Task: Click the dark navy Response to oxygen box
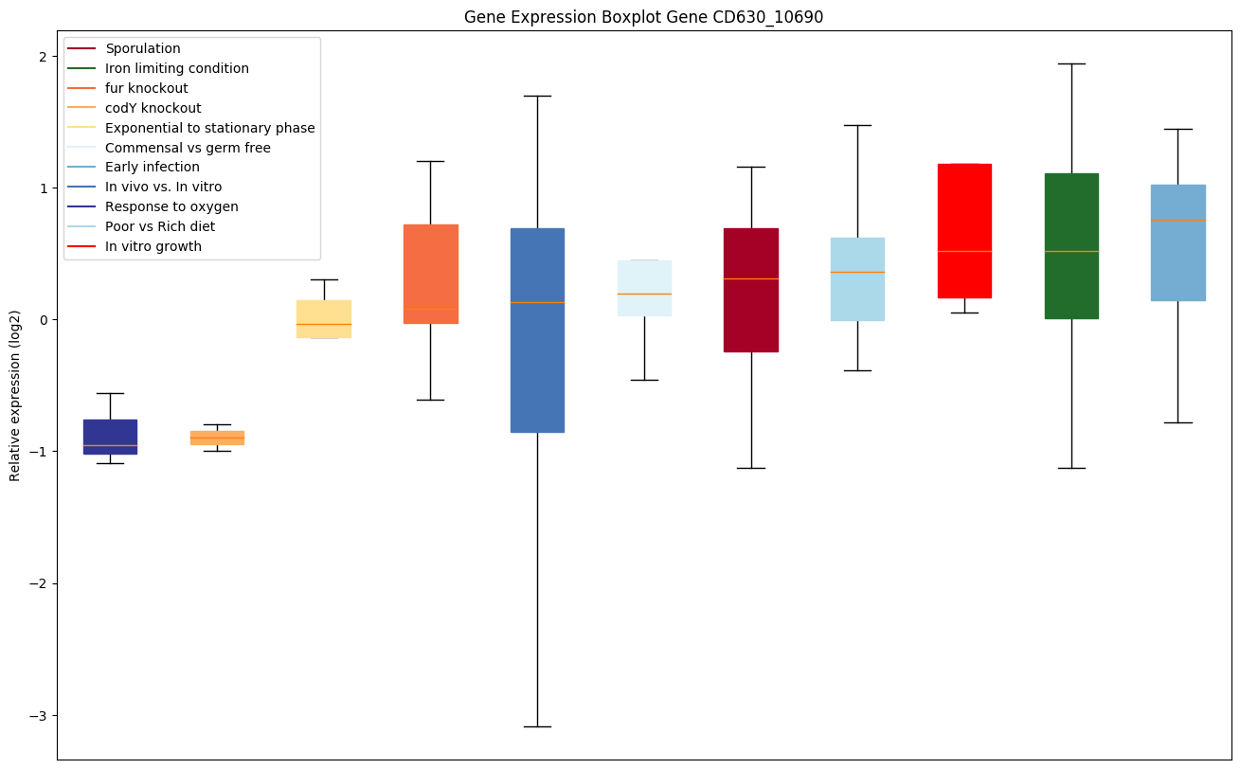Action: click(x=110, y=437)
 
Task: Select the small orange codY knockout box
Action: click(x=217, y=438)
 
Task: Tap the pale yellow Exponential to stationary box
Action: click(x=324, y=318)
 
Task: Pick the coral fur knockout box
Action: click(x=431, y=274)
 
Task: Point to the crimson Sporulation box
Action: click(x=751, y=290)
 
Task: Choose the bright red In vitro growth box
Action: click(x=964, y=230)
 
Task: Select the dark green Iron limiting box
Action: click(x=1071, y=245)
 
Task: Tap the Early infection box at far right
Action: click(x=1178, y=242)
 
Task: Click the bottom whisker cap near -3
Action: click(x=537, y=726)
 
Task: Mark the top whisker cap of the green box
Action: click(x=1071, y=63)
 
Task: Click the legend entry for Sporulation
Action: click(x=143, y=48)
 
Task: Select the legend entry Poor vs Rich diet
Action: click(x=160, y=226)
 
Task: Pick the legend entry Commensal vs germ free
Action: click(x=188, y=148)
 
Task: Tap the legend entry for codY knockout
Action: click(x=153, y=108)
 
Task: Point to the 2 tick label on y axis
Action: click(x=43, y=56)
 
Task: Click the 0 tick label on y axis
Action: click(x=43, y=319)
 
